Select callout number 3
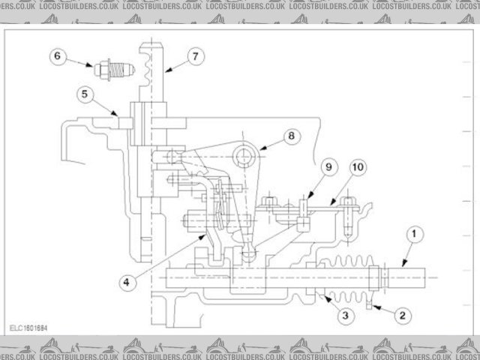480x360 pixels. pyautogui.click(x=345, y=316)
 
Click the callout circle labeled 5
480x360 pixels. pyautogui.click(x=85, y=94)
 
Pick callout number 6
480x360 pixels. pyautogui.click(x=58, y=56)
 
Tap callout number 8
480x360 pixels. pyautogui.click(x=290, y=136)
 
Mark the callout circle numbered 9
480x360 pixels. pyautogui.click(x=328, y=165)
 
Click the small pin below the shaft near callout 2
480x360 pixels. pyautogui.click(x=369, y=301)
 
